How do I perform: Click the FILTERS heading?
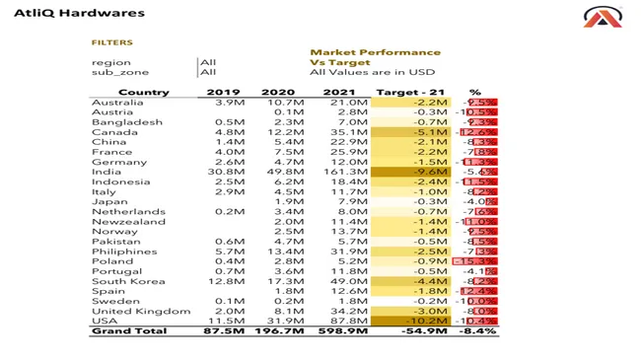point(111,43)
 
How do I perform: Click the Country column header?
point(143,93)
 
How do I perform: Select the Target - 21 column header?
point(411,93)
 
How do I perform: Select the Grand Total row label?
point(130,331)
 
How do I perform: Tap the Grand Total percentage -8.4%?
point(477,331)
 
